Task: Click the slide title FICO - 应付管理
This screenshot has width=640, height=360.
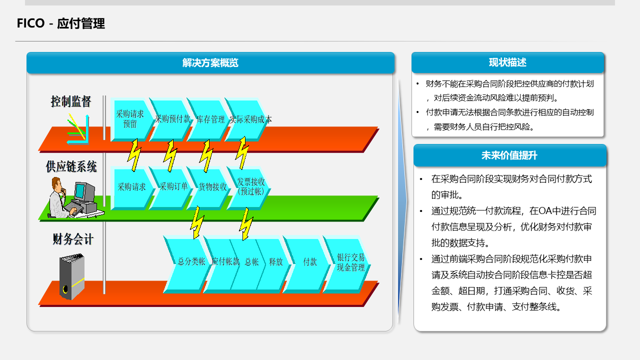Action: point(61,23)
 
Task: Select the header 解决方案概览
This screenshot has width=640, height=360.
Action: point(210,63)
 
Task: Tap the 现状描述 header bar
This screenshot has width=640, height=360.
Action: point(507,62)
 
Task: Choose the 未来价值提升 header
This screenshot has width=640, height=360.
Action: point(509,155)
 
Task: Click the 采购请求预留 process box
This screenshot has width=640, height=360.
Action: point(130,119)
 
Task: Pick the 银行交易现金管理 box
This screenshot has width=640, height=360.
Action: point(350,262)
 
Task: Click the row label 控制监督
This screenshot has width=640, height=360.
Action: point(71,102)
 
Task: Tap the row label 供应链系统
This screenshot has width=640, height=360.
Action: point(71,166)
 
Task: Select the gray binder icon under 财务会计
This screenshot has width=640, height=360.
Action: point(72,276)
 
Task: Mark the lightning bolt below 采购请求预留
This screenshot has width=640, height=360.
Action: point(134,155)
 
